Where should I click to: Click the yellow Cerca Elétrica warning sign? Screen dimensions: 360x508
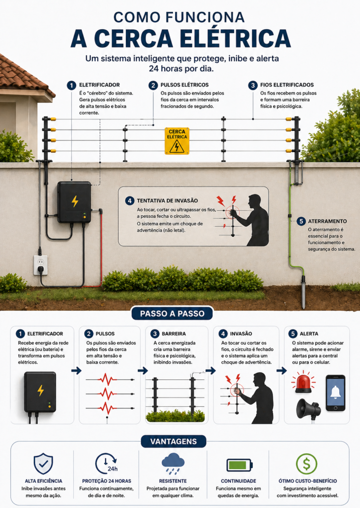[177, 141]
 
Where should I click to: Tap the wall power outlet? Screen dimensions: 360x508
[41, 265]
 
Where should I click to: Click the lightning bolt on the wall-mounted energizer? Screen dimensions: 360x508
[75, 201]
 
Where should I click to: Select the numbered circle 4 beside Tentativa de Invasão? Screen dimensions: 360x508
[129, 200]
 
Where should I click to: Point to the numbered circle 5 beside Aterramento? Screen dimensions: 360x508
[301, 221]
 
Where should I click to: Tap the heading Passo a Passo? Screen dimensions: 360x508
[172, 314]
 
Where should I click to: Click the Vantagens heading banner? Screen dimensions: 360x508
[174, 441]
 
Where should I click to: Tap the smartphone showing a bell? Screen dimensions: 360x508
[335, 393]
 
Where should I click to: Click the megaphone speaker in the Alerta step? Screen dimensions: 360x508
[308, 409]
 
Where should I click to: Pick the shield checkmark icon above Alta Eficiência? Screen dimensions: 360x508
[43, 464]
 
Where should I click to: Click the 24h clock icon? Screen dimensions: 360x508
[106, 464]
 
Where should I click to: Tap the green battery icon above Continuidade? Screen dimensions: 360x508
[239, 465]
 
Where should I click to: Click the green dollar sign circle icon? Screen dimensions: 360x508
[306, 464]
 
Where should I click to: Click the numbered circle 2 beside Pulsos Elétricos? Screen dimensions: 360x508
[153, 85]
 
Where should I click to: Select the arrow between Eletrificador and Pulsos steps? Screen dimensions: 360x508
[76, 371]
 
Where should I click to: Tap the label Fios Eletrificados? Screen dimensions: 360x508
[287, 85]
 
